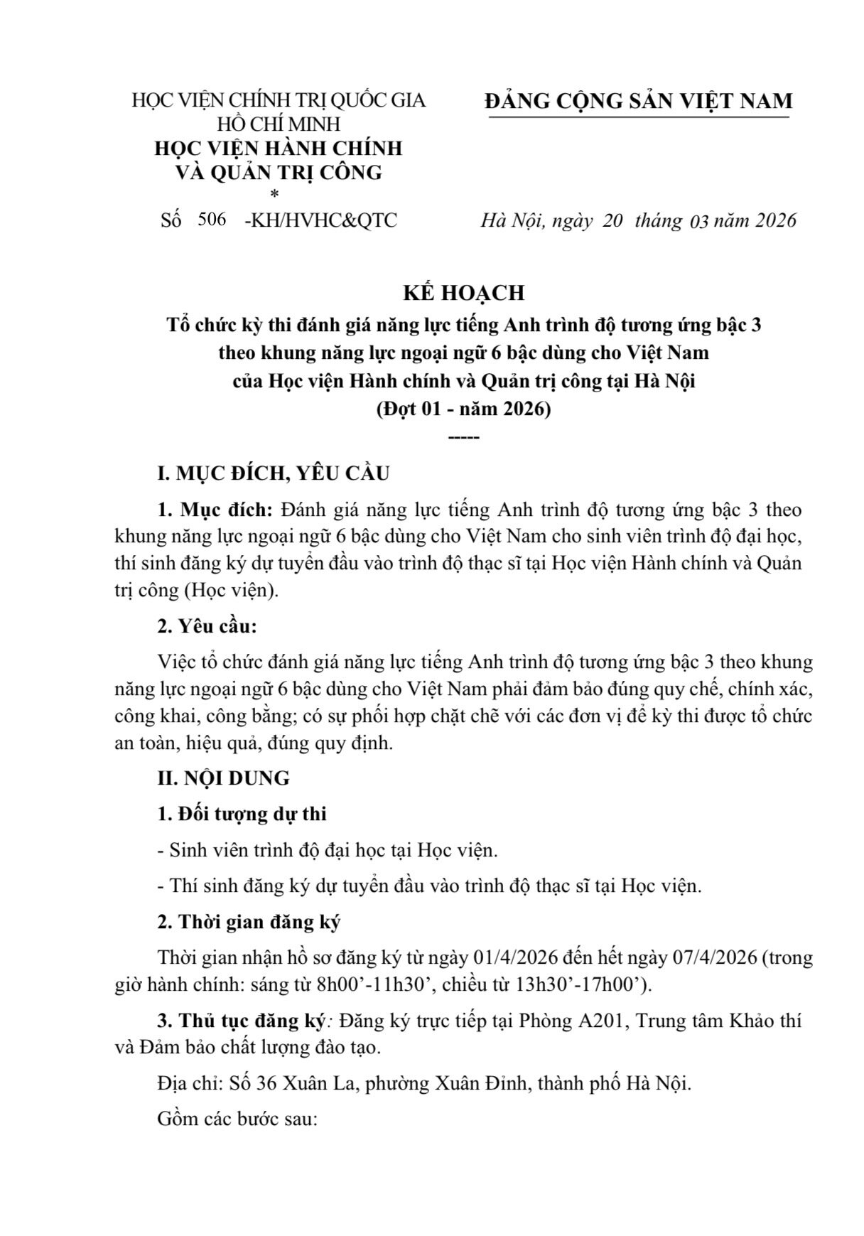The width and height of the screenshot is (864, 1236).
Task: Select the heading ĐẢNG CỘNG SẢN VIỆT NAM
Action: (638, 101)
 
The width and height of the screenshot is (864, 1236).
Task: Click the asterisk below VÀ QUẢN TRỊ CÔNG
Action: (274, 193)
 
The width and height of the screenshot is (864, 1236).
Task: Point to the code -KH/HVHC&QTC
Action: (320, 220)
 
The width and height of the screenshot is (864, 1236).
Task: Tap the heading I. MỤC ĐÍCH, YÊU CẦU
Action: (274, 473)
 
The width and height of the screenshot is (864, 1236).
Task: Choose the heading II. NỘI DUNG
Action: (223, 778)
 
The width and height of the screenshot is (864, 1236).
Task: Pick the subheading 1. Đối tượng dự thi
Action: (242, 814)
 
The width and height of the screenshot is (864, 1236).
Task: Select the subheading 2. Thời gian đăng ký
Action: (249, 923)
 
